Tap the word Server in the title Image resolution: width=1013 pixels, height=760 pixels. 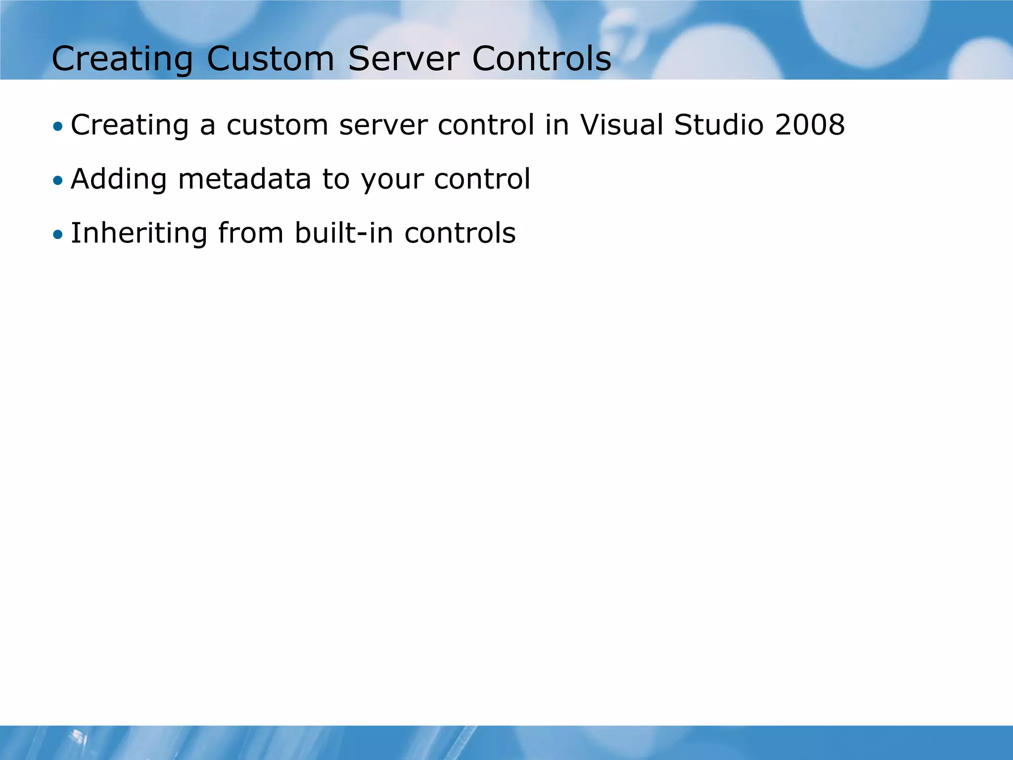click(x=403, y=59)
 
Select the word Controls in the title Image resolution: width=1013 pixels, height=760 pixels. click(x=542, y=59)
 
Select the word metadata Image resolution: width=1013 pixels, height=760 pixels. click(x=244, y=179)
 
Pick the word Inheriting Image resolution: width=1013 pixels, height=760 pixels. click(x=139, y=234)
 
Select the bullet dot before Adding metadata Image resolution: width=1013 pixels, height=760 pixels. click(x=58, y=181)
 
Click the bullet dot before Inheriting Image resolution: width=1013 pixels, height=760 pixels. click(x=58, y=235)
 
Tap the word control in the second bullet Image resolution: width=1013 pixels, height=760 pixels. click(x=482, y=179)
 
